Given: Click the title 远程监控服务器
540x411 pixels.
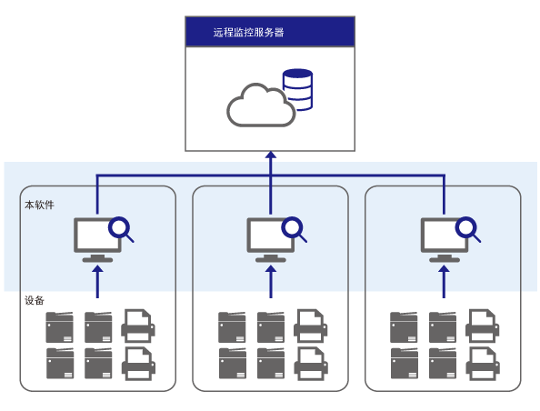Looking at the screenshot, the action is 248,33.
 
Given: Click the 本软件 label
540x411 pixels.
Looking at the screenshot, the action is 40,205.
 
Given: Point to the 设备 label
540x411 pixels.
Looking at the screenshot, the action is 35,300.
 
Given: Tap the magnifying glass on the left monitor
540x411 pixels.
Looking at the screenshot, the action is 119,227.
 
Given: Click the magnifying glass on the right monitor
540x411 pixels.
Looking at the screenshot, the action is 466,227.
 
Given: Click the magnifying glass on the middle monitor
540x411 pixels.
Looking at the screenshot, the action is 293,227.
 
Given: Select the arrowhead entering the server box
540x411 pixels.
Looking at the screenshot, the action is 271,155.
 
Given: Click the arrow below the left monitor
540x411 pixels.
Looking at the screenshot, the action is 98,282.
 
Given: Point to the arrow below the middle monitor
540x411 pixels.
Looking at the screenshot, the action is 271,282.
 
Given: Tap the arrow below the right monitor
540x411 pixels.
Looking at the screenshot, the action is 444,282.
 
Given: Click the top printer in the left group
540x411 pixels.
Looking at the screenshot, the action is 138,326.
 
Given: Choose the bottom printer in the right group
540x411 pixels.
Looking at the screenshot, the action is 483,363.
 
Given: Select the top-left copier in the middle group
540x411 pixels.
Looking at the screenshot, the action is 232,327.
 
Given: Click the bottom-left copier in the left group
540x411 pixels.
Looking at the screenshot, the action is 60,363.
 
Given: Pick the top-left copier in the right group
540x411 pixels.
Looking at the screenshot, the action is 404,327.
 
